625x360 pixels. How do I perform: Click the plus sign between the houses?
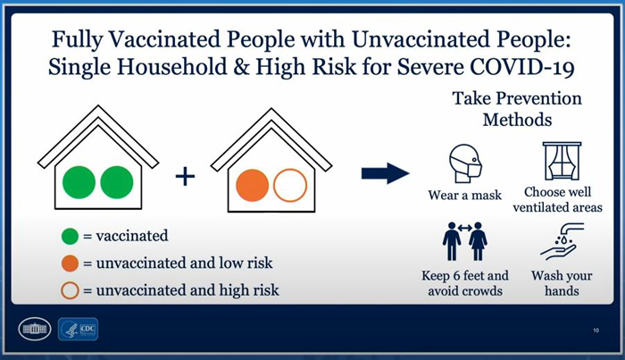click(186, 176)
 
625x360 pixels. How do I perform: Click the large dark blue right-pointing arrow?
click(386, 173)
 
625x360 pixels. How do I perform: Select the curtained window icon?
click(562, 161)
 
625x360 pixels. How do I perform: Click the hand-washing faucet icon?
click(562, 242)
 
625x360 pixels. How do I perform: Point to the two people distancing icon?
click(465, 241)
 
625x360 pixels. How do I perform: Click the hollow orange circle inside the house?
click(290, 186)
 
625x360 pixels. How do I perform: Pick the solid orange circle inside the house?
click(253, 186)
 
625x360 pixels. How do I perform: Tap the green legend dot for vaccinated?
click(70, 236)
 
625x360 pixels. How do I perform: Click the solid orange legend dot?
click(70, 264)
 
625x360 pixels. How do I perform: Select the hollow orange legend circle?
click(70, 290)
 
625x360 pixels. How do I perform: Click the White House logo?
click(35, 329)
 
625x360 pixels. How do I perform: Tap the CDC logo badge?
click(79, 329)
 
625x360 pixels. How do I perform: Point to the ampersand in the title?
click(241, 67)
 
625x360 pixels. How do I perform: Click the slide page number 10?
click(596, 331)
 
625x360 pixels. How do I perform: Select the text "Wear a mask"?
click(465, 196)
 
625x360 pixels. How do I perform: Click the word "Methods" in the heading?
click(517, 120)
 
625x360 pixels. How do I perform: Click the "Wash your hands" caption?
click(562, 283)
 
